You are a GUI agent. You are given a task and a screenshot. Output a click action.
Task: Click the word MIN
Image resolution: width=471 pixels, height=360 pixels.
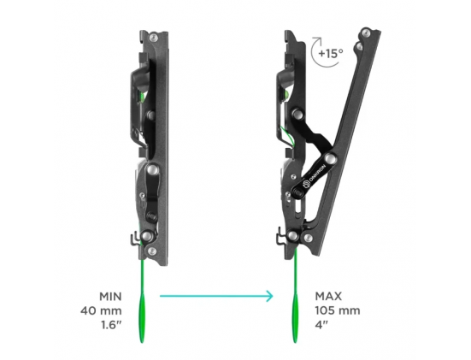point(110,297)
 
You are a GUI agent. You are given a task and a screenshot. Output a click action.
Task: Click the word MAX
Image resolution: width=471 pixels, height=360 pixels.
point(328,297)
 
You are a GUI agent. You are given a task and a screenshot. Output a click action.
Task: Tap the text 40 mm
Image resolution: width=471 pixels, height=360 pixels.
point(101,310)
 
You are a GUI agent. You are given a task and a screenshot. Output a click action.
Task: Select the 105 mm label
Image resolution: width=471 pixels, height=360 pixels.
point(338,310)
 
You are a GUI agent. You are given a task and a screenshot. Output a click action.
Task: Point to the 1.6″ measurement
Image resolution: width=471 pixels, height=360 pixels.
point(111,325)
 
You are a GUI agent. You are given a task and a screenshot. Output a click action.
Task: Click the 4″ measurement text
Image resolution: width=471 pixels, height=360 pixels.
point(321,325)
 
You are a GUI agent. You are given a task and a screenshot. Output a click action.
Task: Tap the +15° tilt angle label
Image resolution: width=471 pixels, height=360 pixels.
point(331,54)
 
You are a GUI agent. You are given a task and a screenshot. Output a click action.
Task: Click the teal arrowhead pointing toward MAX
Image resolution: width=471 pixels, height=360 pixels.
point(269,296)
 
